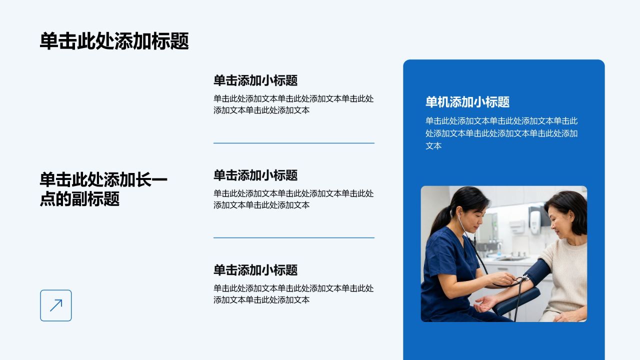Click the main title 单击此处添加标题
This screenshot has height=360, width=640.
pyautogui.click(x=114, y=41)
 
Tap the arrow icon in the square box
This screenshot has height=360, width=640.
pyautogui.click(x=56, y=305)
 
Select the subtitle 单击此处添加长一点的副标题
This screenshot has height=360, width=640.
pyautogui.click(x=103, y=189)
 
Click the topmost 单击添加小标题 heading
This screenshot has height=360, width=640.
pyautogui.click(x=255, y=80)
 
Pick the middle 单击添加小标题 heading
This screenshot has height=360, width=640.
pyautogui.click(x=255, y=175)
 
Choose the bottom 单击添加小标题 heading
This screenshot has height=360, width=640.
pyautogui.click(x=255, y=270)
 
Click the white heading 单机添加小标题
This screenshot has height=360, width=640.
pyautogui.click(x=467, y=102)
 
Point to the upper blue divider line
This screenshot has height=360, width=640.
pyautogui.click(x=293, y=143)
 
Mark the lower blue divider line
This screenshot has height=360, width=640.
pyautogui.click(x=293, y=237)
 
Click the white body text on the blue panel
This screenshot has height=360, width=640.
pyautogui.click(x=501, y=133)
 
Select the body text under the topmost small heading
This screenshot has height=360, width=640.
pyautogui.click(x=293, y=104)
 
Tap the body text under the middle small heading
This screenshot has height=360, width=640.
pyautogui.click(x=293, y=199)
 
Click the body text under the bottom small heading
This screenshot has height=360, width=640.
pyautogui.click(x=293, y=294)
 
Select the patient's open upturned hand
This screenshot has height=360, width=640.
pyautogui.click(x=485, y=303)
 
